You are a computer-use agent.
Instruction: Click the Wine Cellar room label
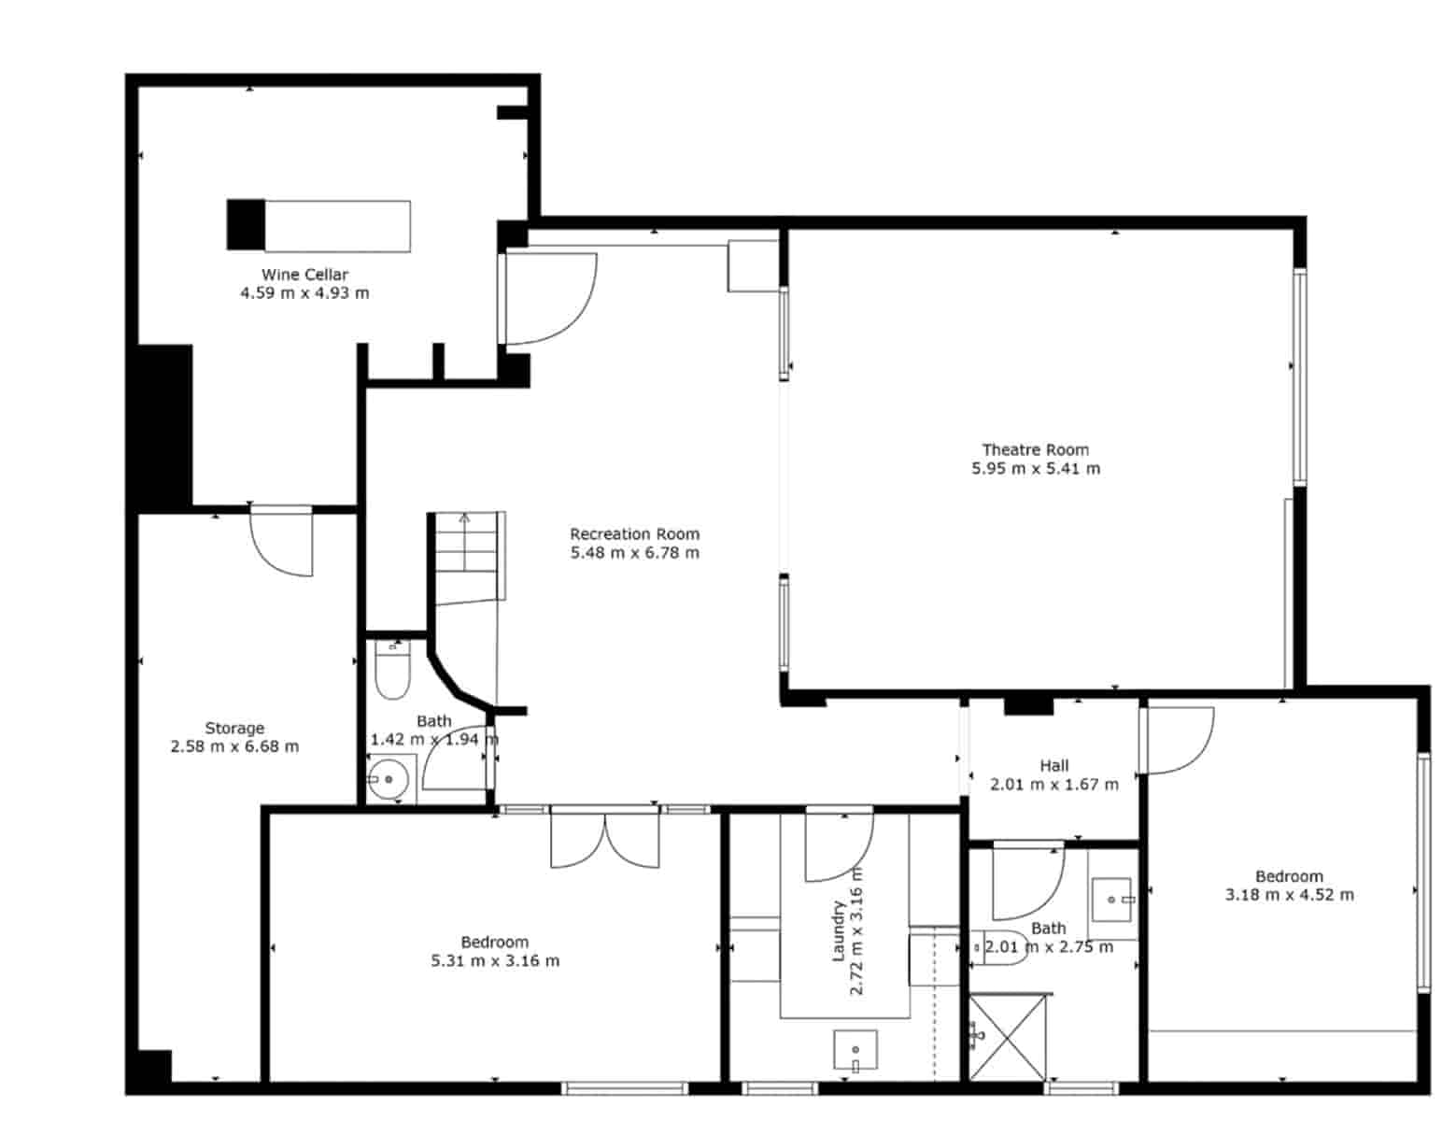pos(304,275)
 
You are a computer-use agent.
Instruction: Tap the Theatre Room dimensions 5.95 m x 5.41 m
pos(1036,469)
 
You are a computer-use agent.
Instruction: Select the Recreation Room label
pos(634,534)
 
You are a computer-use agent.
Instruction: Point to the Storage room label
pos(234,729)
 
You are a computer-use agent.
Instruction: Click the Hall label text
pos(1054,766)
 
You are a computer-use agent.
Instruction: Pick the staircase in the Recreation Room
pos(467,557)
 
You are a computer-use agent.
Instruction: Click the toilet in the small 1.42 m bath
pos(391,672)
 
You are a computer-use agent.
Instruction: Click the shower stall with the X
pos(1008,1037)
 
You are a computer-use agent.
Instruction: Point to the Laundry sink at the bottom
pos(855,1050)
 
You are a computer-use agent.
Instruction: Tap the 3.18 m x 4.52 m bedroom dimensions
pos(1289,895)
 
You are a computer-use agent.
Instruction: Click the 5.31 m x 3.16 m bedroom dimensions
pos(495,961)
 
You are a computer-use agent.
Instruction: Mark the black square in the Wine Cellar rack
pos(246,225)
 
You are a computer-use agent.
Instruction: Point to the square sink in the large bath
pos(1111,899)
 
